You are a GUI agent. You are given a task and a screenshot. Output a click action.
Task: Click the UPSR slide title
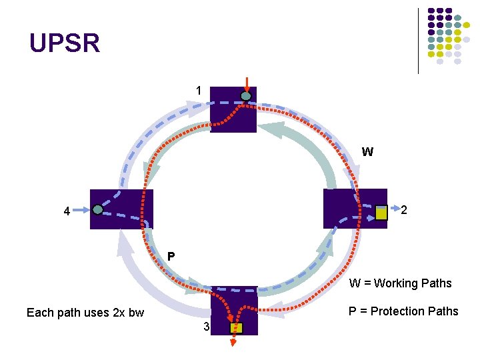click(65, 43)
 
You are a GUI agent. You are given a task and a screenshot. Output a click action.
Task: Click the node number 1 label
click(198, 91)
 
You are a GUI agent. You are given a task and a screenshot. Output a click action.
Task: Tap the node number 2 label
click(404, 211)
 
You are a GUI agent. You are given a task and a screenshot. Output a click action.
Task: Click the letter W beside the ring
click(367, 152)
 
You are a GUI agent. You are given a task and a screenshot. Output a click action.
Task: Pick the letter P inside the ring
click(171, 256)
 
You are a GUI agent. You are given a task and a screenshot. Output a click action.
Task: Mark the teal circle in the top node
click(246, 97)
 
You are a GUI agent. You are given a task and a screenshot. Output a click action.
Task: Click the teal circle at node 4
click(98, 209)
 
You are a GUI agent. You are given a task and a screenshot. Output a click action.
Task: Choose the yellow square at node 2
click(381, 213)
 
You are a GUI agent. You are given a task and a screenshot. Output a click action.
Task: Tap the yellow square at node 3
click(236, 328)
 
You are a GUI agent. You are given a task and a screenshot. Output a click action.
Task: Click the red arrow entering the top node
click(247, 84)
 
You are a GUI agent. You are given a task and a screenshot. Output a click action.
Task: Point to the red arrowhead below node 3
click(234, 343)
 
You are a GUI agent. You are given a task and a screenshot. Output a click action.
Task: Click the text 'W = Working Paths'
click(400, 283)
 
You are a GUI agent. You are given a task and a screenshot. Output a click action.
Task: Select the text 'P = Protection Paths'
click(403, 311)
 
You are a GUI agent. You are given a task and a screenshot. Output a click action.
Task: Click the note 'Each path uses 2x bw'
click(85, 313)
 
